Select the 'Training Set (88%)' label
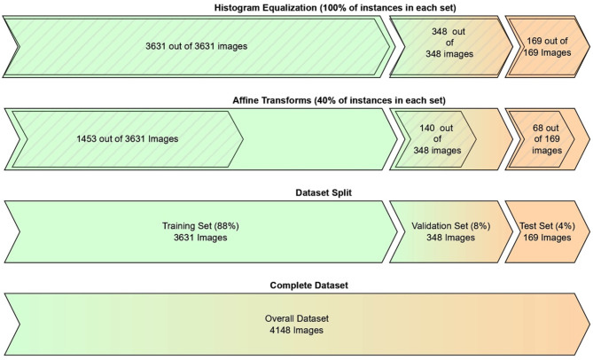click(200, 225)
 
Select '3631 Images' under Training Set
click(200, 238)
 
